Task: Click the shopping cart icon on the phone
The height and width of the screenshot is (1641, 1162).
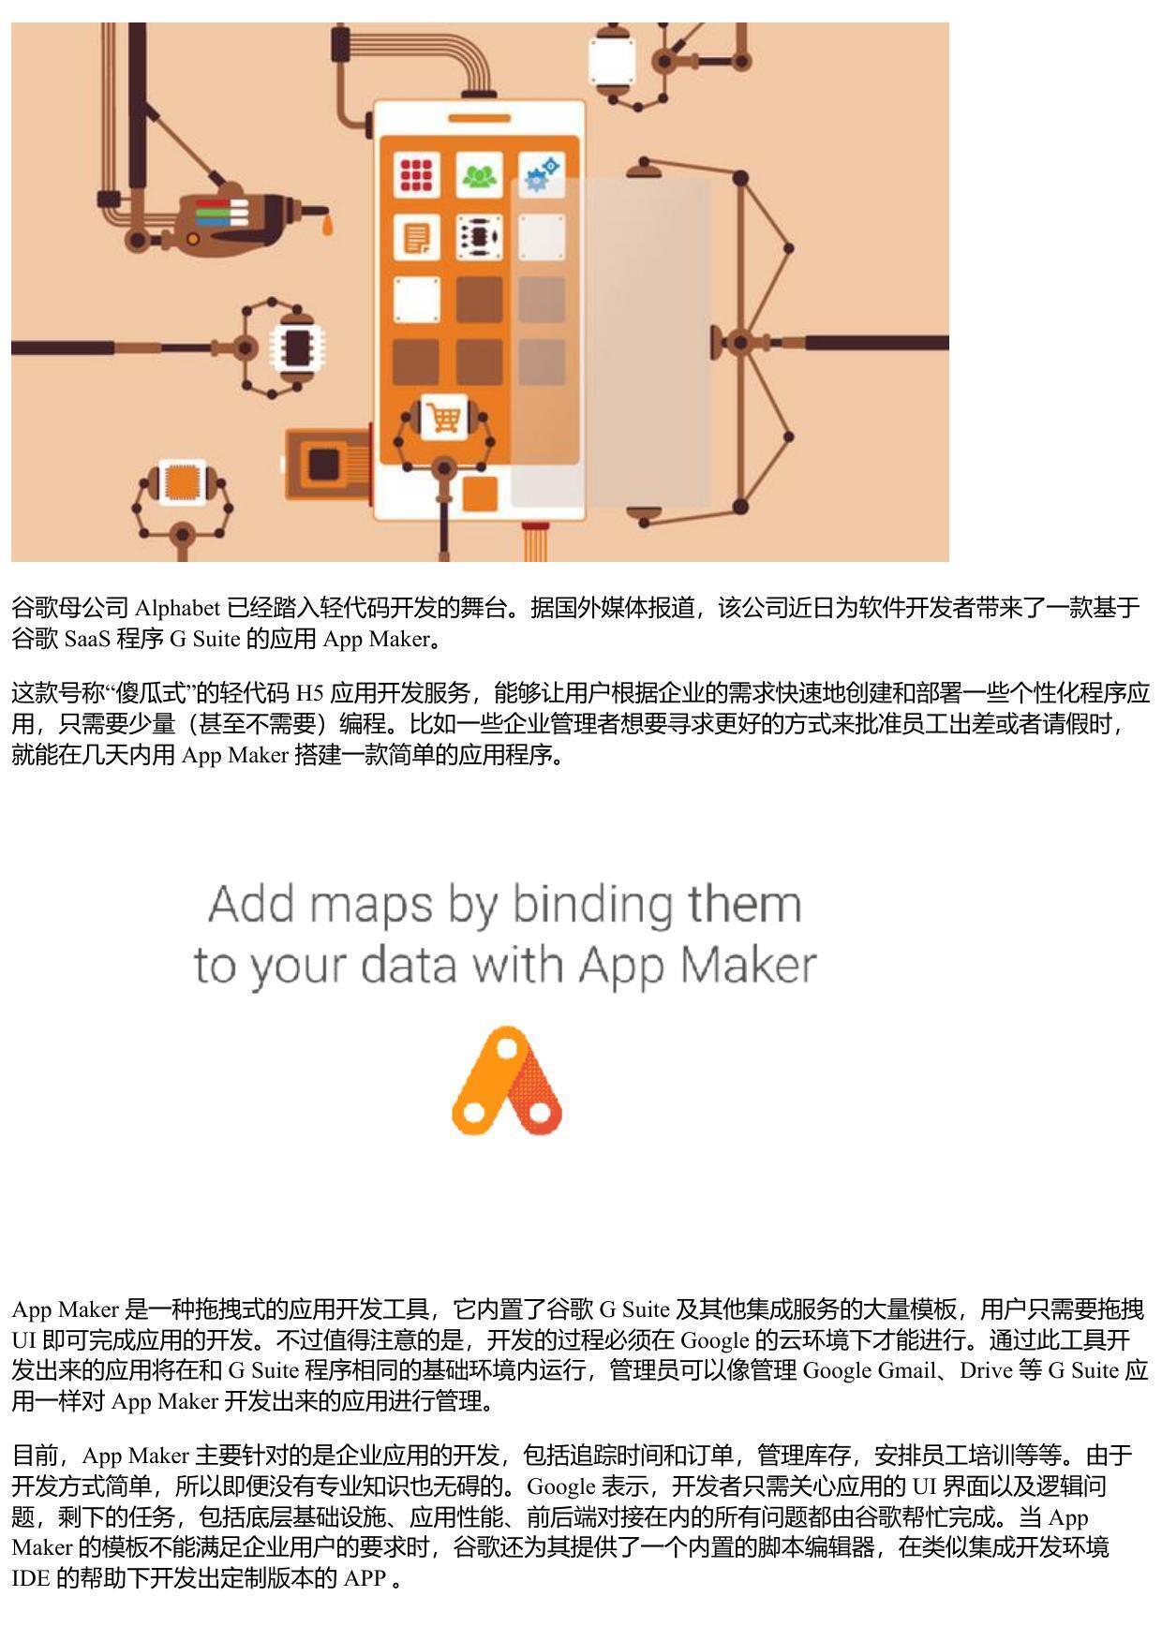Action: coord(444,417)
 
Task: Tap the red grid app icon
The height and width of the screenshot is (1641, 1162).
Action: coord(416,174)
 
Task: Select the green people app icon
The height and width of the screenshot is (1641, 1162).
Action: coord(479,174)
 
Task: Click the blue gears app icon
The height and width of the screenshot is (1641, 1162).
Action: coord(542,174)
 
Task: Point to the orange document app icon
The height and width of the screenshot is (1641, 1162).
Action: coord(416,237)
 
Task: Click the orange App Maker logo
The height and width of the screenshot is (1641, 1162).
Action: coord(507,1080)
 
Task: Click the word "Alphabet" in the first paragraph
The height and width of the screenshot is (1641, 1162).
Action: coord(178,608)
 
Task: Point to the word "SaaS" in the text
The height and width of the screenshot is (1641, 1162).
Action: coord(87,640)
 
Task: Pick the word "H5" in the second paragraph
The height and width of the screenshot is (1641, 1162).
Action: coord(309,693)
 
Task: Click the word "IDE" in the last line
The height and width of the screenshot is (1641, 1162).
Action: coord(31,1578)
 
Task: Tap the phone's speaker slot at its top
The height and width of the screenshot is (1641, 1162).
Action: coord(479,118)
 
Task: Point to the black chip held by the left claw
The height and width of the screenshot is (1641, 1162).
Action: coord(296,347)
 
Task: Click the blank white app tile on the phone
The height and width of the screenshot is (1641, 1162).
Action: coord(416,300)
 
